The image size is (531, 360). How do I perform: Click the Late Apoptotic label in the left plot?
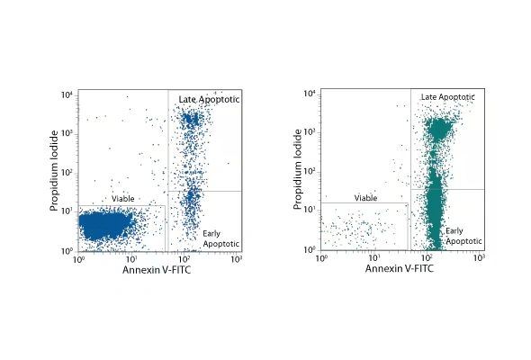coord(208,99)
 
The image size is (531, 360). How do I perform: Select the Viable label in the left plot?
coord(123,198)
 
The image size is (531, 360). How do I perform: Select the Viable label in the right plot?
coord(365,197)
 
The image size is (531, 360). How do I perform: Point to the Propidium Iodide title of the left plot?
coord(56,171)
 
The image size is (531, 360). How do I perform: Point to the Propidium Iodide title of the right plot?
coord(299,170)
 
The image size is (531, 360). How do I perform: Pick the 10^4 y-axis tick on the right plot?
coord(310,94)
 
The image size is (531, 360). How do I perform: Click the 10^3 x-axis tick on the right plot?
coord(480,259)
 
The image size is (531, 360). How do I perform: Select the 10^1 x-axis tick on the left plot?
coord(130,260)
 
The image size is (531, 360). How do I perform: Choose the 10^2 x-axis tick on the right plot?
coord(427,259)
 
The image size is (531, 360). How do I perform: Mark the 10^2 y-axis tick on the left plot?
coord(67,173)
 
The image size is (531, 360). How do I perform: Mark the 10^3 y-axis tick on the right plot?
coord(310,132)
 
